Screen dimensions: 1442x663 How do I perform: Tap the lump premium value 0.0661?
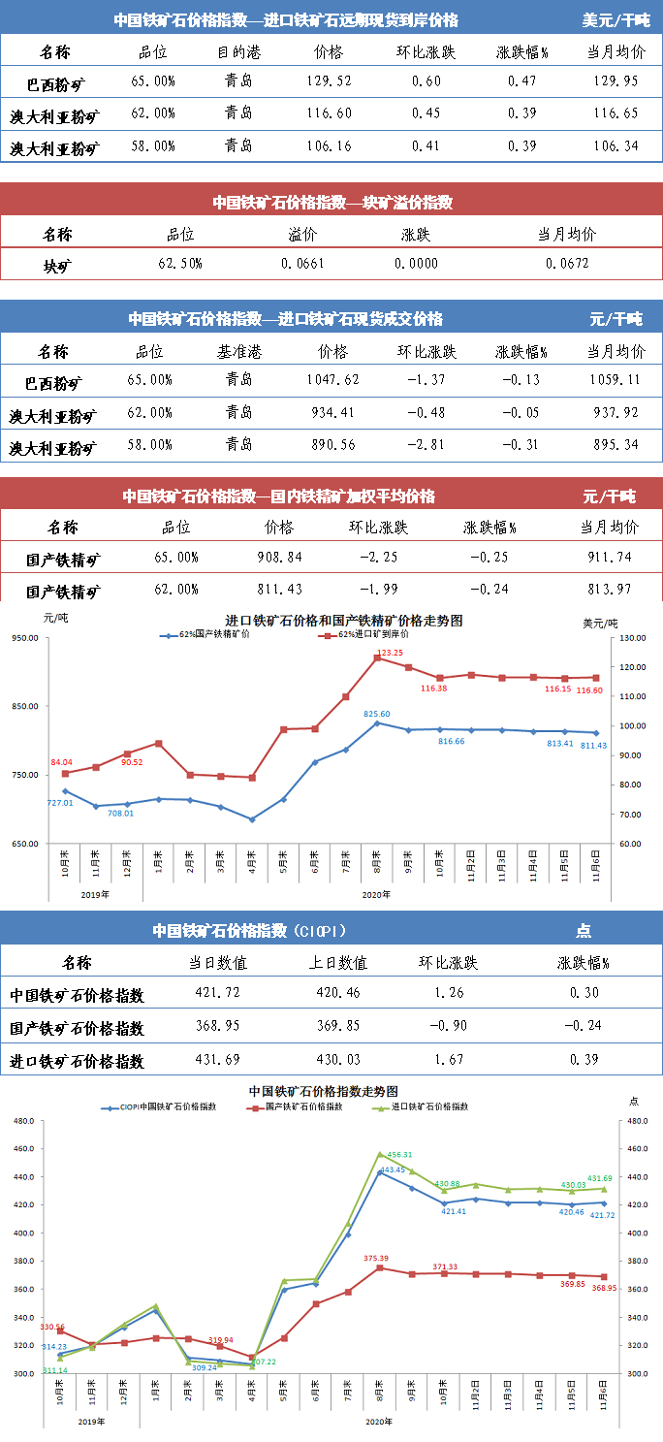coord(302,263)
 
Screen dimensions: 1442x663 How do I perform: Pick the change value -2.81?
coord(426,445)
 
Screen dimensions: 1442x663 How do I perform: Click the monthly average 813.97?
coord(609,590)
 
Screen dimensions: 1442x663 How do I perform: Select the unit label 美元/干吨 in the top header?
coord(616,19)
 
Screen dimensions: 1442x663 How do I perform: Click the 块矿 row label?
coord(57,264)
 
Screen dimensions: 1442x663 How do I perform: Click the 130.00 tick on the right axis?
coord(635,638)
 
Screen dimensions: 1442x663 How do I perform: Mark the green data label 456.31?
coord(400,1155)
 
